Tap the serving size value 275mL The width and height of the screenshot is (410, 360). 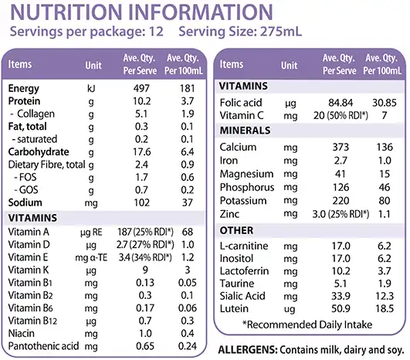point(281,32)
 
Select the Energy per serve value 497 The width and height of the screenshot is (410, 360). point(141,88)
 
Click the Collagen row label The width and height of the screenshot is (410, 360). point(36,114)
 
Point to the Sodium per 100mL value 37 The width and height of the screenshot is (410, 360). point(187,202)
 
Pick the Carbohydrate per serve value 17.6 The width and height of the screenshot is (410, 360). point(142,151)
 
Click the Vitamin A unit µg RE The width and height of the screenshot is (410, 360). point(91,232)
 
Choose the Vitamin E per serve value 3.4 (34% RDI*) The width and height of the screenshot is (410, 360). point(145,257)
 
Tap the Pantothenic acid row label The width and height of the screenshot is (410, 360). point(43,346)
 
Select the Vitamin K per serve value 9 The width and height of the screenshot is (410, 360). point(145,270)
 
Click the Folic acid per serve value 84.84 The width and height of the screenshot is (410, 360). point(341,103)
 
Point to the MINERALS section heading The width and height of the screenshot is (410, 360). point(245,131)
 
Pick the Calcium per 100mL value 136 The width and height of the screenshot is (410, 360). point(385,147)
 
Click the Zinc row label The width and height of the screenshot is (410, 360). point(229,214)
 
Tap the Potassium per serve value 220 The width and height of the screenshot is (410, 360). point(341,201)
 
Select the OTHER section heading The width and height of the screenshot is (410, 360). point(236,230)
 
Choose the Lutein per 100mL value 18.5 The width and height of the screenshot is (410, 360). point(385,308)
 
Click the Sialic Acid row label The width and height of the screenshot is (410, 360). point(242,296)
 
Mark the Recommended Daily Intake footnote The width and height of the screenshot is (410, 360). point(307,324)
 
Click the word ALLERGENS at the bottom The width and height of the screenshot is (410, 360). point(247,350)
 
